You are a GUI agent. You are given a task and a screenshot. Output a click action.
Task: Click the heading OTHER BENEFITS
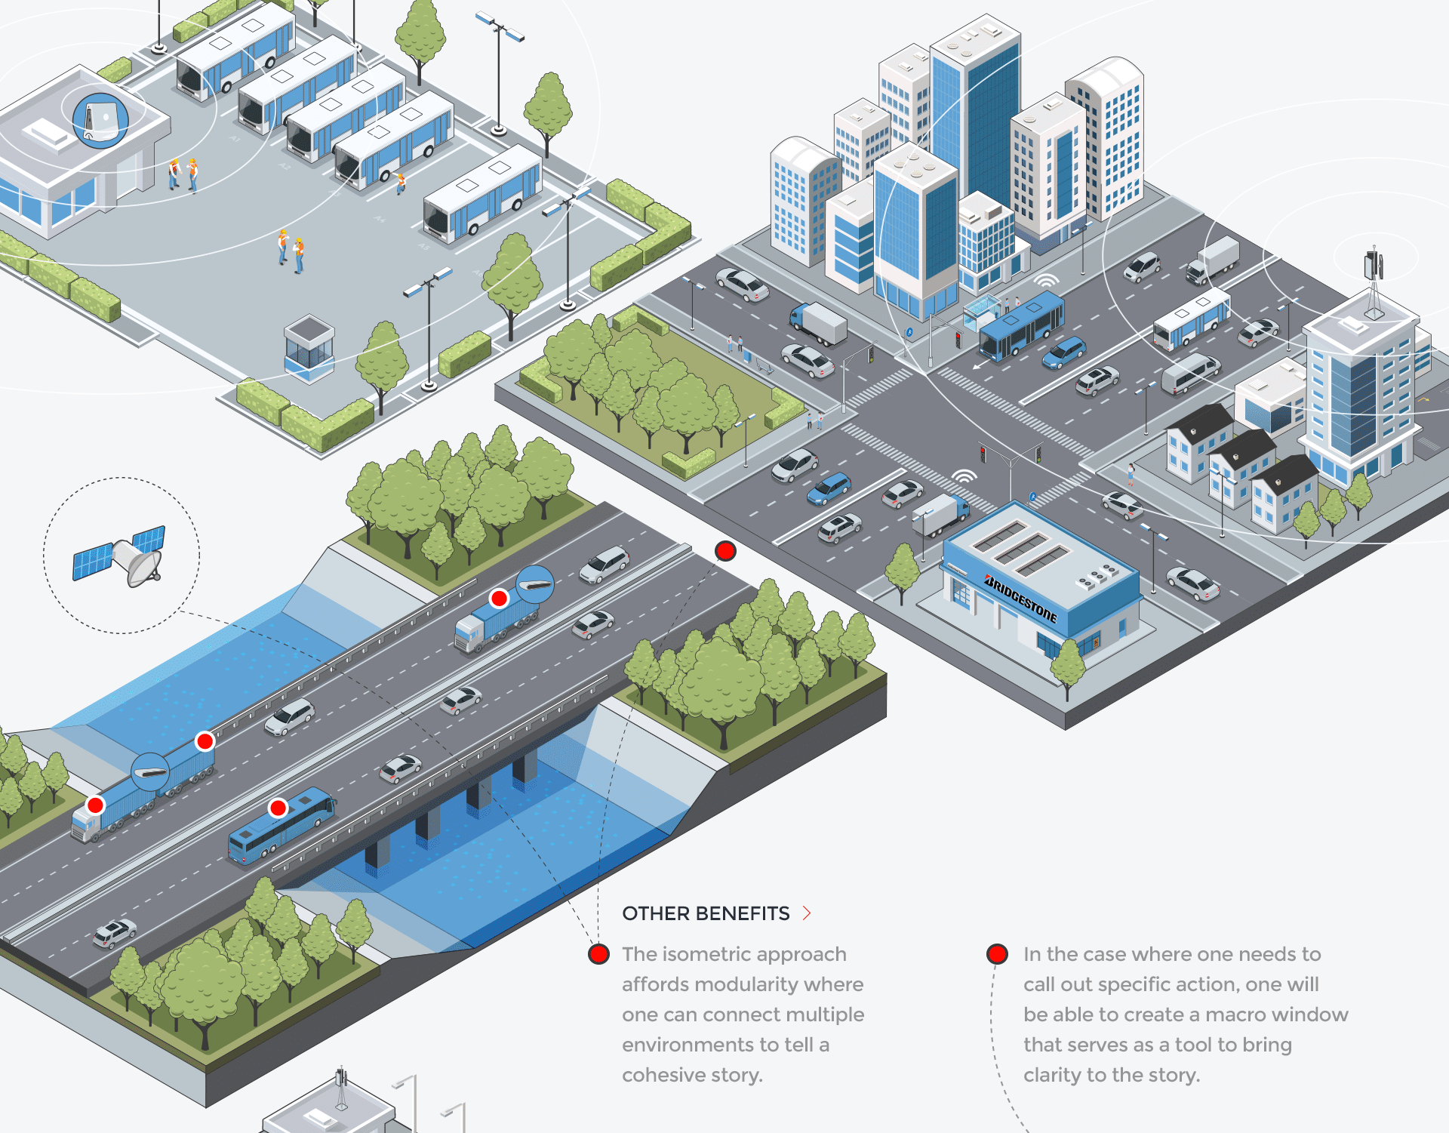click(x=706, y=913)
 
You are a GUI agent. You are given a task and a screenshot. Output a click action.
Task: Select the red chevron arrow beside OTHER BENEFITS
click(x=807, y=913)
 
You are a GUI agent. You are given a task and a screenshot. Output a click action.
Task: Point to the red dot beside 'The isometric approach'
click(x=598, y=954)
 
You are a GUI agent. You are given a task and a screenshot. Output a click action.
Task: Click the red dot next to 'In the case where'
click(x=997, y=954)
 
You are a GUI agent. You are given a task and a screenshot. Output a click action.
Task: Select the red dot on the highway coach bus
click(x=278, y=808)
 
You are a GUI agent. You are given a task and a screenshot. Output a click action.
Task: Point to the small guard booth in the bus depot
click(x=309, y=346)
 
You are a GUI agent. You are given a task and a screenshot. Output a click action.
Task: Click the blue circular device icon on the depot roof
click(x=100, y=119)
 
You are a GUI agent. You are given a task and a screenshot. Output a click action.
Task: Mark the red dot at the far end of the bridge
click(x=725, y=551)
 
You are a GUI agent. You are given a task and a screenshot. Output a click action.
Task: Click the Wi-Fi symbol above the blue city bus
click(x=1046, y=280)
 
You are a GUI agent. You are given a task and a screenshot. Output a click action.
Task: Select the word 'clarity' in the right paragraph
click(x=1052, y=1075)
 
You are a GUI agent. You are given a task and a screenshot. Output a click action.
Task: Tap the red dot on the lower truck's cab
click(x=95, y=805)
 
